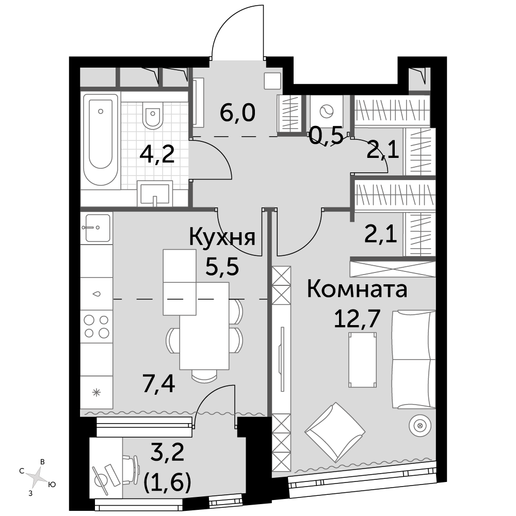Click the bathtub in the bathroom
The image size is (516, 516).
pyautogui.click(x=101, y=141)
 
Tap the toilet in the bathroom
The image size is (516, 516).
pyautogui.click(x=153, y=115)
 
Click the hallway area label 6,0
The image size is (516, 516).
pyautogui.click(x=237, y=113)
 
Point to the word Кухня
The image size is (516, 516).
pyautogui.click(x=222, y=237)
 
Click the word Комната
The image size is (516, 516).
pyautogui.click(x=357, y=289)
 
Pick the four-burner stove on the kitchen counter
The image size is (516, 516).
pyautogui.click(x=97, y=326)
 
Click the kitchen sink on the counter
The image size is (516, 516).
pyautogui.click(x=97, y=228)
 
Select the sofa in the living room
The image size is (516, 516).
pyautogui.click(x=414, y=359)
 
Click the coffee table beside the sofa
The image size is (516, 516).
pyautogui.click(x=363, y=360)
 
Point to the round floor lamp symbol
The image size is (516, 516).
pyautogui.click(x=420, y=426)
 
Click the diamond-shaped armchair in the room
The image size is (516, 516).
pyautogui.click(x=335, y=432)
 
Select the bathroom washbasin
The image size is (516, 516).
pyautogui.click(x=155, y=193)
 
